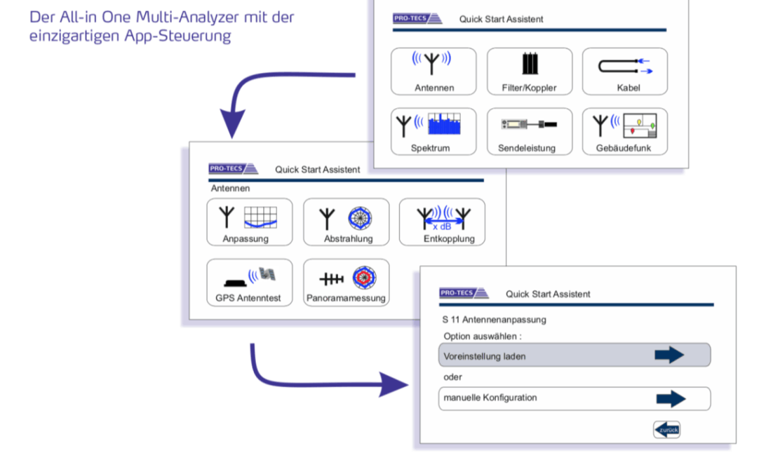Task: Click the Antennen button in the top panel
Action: (433, 72)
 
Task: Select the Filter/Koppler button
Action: (530, 72)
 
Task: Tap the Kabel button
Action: (624, 72)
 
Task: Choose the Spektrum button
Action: (433, 132)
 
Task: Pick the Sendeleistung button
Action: (530, 132)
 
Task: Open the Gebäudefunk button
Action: (624, 132)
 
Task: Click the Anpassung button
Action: (250, 222)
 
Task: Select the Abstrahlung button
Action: (347, 222)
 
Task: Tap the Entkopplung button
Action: (442, 222)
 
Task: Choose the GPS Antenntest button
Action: (250, 282)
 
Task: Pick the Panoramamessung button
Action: (347, 282)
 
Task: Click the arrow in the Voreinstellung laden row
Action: (669, 356)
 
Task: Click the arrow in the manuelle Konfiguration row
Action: (671, 399)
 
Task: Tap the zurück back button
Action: (666, 429)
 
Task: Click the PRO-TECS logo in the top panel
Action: (418, 19)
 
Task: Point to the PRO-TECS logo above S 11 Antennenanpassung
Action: (465, 293)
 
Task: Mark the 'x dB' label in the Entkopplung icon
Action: (442, 226)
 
